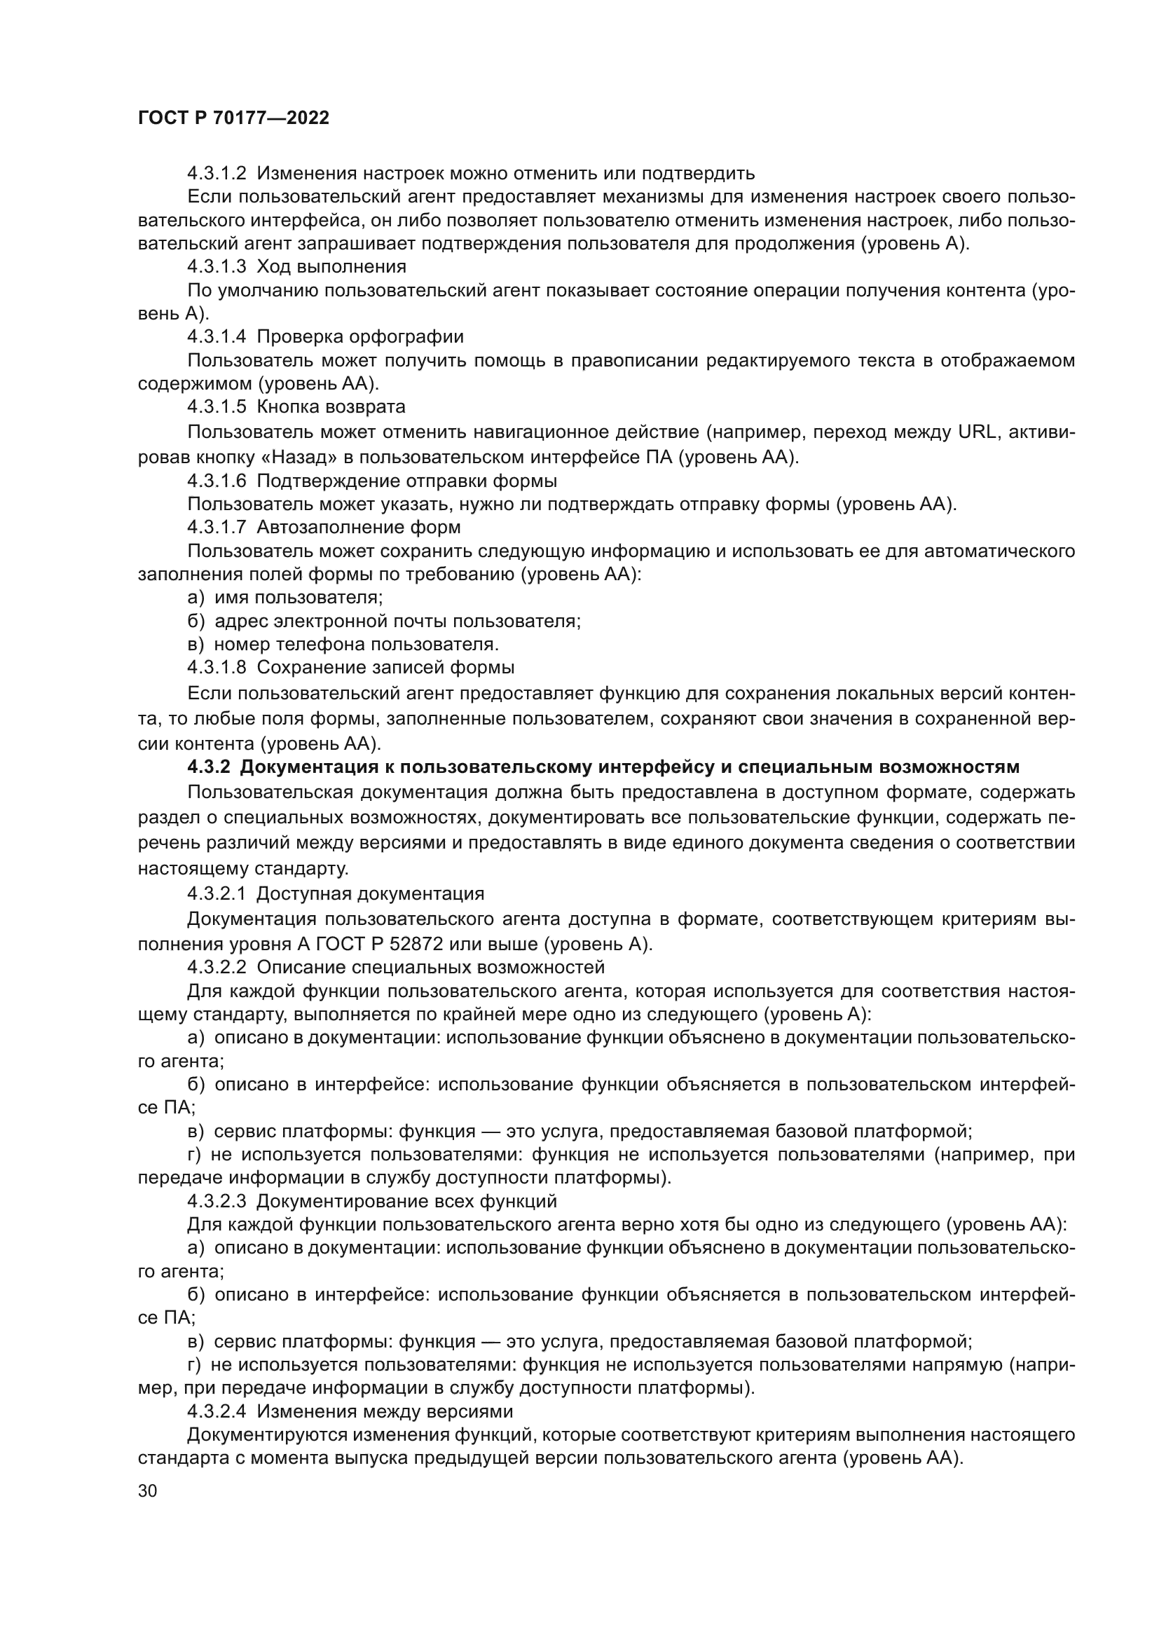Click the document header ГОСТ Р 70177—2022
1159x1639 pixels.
[x=233, y=118]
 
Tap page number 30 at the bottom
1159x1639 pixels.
[x=147, y=1491]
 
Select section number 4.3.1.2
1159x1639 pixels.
[x=217, y=174]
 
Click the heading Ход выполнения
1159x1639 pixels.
[x=331, y=267]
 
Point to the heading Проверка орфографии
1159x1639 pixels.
[x=359, y=336]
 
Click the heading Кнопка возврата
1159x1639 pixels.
[x=331, y=407]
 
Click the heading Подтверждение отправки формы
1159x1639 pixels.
[x=407, y=481]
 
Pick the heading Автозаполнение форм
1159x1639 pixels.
[x=358, y=528]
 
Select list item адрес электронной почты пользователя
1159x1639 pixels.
[x=397, y=621]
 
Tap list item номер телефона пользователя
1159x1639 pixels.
[x=356, y=645]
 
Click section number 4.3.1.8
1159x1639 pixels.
[x=217, y=668]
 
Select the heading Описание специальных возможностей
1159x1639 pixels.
[x=430, y=968]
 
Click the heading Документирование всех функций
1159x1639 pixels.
[x=406, y=1202]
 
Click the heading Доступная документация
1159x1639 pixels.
[x=371, y=893]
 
